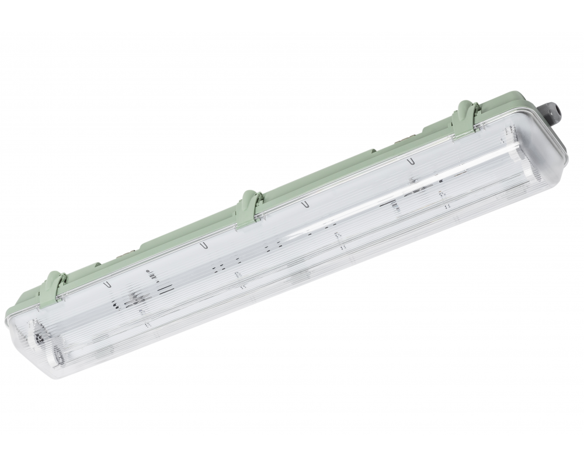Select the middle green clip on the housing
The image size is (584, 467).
(x=249, y=205)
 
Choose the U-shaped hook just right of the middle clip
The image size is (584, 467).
(x=305, y=204)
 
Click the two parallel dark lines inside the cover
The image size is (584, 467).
(x=166, y=288)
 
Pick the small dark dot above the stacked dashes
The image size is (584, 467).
(x=147, y=273)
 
